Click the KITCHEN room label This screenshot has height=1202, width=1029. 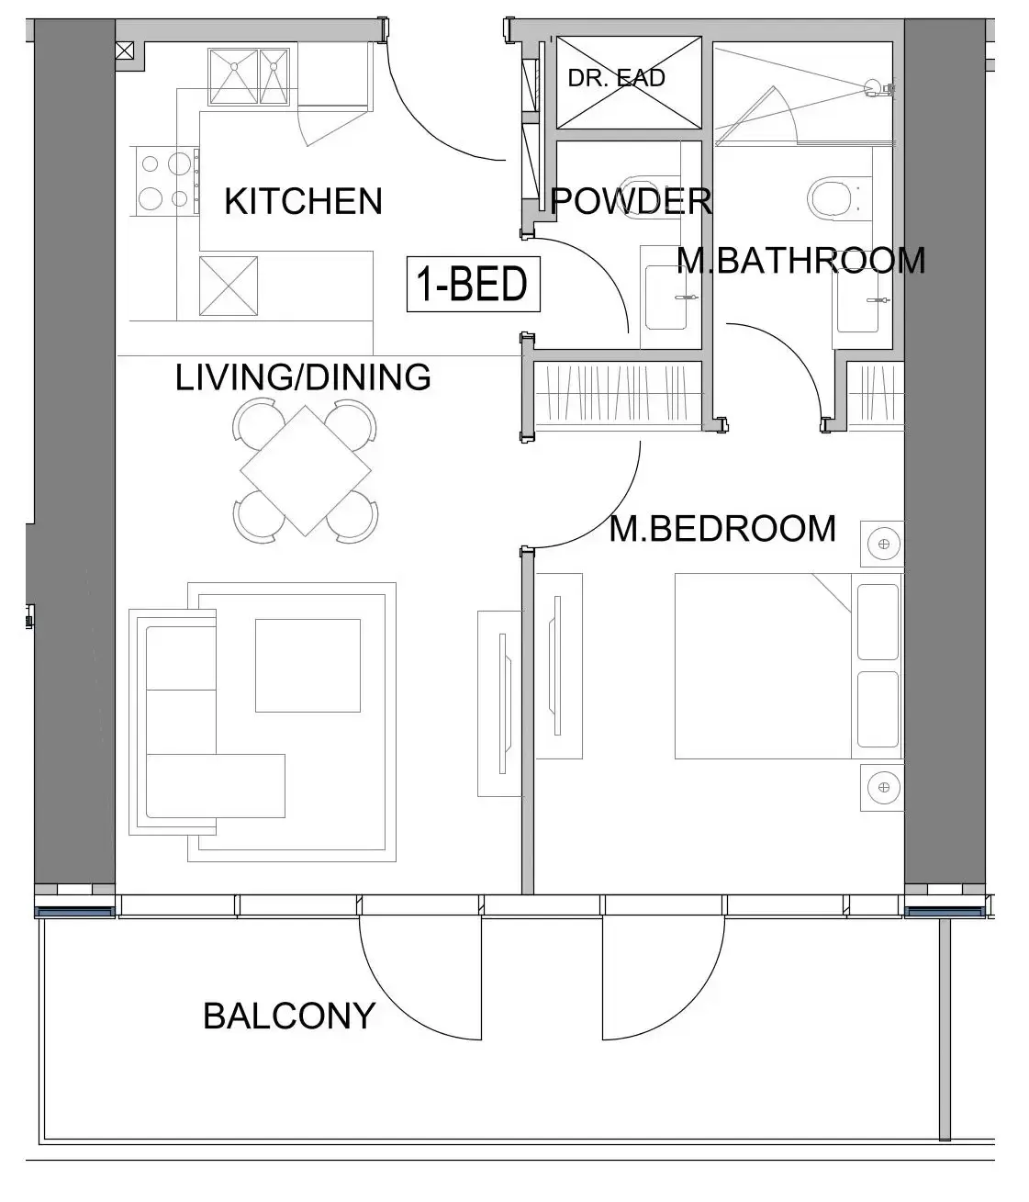[x=303, y=201]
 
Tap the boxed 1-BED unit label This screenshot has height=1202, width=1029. [x=473, y=285]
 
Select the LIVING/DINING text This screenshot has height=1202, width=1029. [x=303, y=377]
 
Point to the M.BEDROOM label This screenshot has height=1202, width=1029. [x=722, y=529]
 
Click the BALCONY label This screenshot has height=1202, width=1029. [x=288, y=1016]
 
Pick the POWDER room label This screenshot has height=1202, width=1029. [x=631, y=201]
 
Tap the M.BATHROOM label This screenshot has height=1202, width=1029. [x=800, y=261]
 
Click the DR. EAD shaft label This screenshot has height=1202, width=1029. [x=616, y=79]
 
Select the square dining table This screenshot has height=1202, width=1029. [x=306, y=470]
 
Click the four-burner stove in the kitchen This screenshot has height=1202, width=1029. [x=165, y=181]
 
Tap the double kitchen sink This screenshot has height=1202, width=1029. [x=247, y=77]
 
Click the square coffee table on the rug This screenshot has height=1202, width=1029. [x=308, y=665]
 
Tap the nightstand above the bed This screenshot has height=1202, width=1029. [x=882, y=545]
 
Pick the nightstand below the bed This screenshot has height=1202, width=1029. [x=882, y=787]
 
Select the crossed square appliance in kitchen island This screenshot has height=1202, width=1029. [x=229, y=286]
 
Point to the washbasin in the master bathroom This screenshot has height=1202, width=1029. [x=863, y=299]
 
